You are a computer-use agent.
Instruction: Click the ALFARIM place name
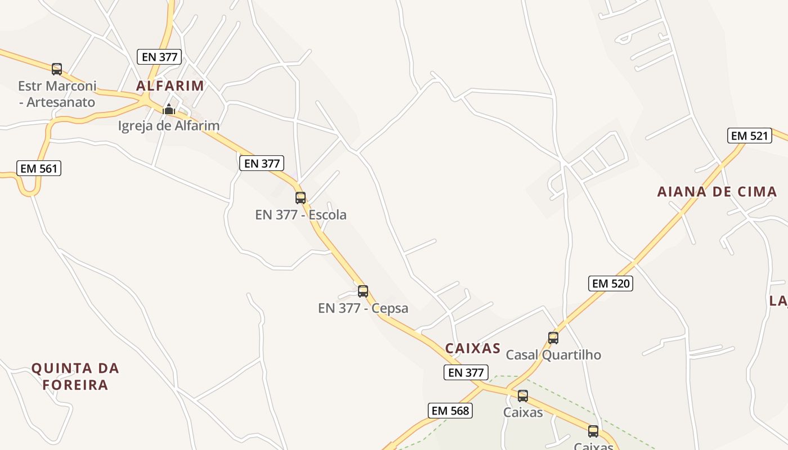coord(170,86)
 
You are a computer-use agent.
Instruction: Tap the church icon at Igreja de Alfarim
coord(168,109)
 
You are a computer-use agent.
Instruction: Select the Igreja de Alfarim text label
coord(168,125)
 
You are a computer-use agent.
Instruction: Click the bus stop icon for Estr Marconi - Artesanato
coord(57,69)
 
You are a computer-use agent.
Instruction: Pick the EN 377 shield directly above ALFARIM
coord(159,57)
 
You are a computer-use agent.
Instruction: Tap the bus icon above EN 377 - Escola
coord(301,197)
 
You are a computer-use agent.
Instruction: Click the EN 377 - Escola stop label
coord(301,215)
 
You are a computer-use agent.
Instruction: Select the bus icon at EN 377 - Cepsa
coord(363,291)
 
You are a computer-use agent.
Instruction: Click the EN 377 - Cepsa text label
coord(363,308)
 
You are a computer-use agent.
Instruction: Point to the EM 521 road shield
coord(749,136)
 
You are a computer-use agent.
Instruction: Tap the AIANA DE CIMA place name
coord(717,192)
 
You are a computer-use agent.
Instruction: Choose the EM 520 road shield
coord(611,283)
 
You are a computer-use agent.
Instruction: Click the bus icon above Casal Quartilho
coord(553,337)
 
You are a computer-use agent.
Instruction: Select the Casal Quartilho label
coord(553,355)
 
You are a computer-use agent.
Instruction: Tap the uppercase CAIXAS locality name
coord(473,349)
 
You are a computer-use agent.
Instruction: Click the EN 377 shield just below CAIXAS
coord(465,372)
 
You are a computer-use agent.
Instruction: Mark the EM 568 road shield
coord(450,411)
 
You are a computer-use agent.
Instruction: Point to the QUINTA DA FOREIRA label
coord(75,377)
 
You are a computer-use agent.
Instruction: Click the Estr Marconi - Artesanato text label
coord(57,94)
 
